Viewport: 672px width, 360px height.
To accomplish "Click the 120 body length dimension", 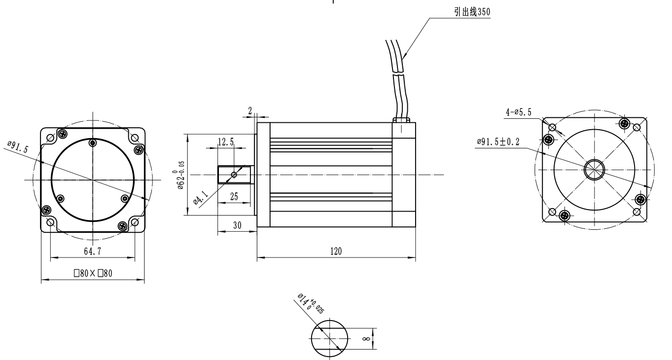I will tap(336, 251).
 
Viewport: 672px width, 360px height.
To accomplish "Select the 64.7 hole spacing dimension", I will tap(93, 251).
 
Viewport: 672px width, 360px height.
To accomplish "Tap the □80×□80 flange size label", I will tap(93, 274).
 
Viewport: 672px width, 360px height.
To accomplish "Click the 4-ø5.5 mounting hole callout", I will tap(518, 113).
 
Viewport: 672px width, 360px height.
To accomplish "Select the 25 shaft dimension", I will tap(233, 197).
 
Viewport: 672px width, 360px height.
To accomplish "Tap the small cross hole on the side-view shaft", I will tap(234, 175).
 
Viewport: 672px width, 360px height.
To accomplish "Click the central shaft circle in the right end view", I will tap(594, 170).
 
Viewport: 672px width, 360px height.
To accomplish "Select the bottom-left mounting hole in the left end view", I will tap(50, 222).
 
